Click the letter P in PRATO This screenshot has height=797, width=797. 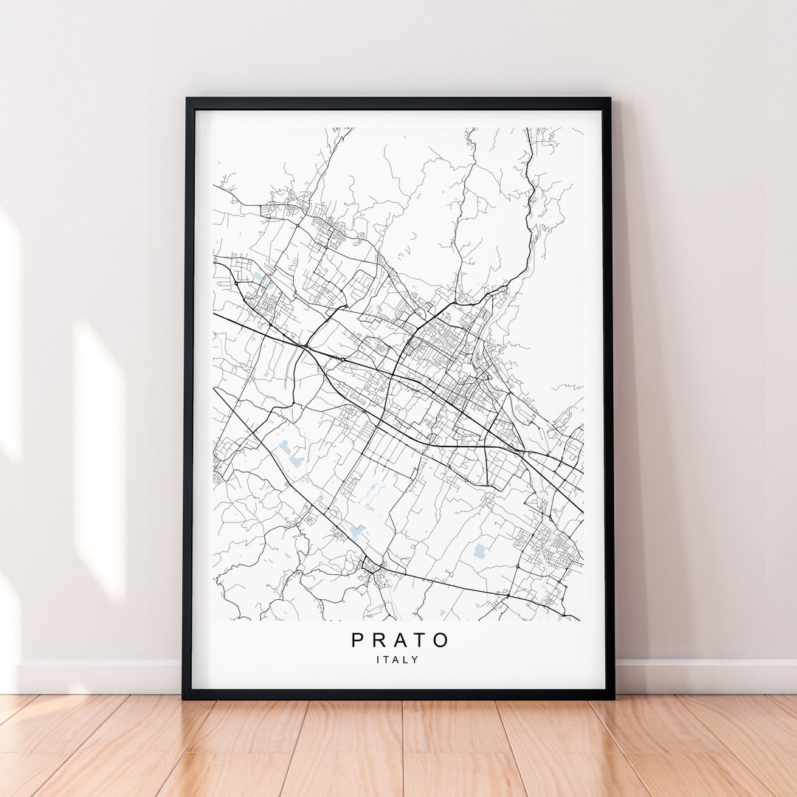tap(358, 640)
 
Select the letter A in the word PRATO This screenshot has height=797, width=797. tap(400, 640)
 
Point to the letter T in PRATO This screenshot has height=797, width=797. tap(421, 640)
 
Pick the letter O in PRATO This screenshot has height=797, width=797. tap(441, 640)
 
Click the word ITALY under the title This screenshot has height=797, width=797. tap(398, 660)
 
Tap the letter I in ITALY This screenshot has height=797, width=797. tap(379, 660)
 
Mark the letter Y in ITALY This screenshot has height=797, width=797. tap(416, 660)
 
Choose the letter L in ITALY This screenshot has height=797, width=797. tap(407, 660)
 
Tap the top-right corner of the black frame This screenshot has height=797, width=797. tap(610, 99)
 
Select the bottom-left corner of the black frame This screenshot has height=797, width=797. tap(184, 697)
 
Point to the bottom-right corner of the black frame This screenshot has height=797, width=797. tap(613, 697)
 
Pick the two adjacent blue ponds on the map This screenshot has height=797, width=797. tap(291, 453)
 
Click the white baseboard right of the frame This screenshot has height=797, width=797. tap(705, 676)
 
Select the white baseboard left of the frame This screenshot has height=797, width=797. tap(96, 676)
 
